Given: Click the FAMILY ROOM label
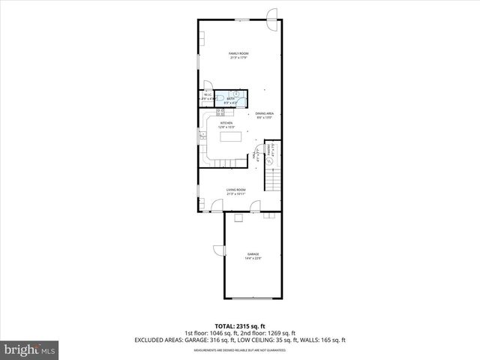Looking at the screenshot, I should click(x=239, y=53).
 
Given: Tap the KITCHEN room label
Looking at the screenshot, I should click(x=226, y=123).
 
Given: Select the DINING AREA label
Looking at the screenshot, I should click(x=264, y=114).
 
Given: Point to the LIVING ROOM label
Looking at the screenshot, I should click(x=236, y=190).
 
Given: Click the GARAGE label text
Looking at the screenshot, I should click(x=253, y=254).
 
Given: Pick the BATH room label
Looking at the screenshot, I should click(x=231, y=97).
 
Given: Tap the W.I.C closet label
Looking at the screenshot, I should click(x=207, y=94).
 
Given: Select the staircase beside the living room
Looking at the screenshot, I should click(x=274, y=180).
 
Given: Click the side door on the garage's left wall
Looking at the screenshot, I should click(x=218, y=251).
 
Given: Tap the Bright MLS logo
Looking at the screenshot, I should click(x=30, y=349).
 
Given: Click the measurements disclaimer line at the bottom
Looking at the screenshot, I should click(x=239, y=349).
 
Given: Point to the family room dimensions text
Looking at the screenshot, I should click(x=239, y=58).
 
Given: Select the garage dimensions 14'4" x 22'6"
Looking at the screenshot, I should click(x=253, y=259).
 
